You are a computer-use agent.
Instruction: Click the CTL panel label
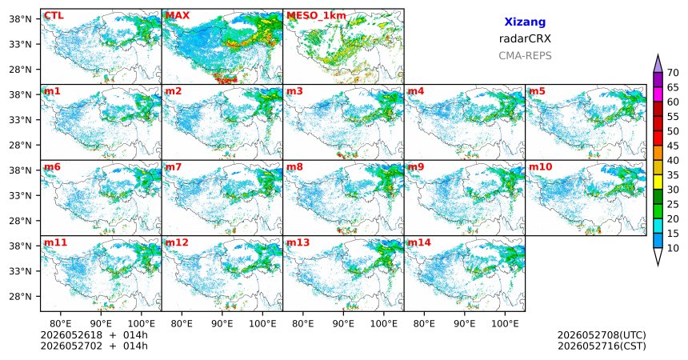pos(54,16)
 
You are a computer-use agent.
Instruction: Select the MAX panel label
pos(178,16)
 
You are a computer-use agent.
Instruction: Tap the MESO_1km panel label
pos(316,16)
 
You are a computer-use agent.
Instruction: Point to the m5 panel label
pos(537,91)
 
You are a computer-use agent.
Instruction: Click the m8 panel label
pos(294,167)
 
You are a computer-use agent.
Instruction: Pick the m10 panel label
pos(540,167)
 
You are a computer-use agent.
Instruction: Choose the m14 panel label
pos(419,242)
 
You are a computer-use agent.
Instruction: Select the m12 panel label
pos(176,242)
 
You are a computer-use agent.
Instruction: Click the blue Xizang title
pos(525,22)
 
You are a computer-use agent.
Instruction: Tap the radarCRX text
pos(525,38)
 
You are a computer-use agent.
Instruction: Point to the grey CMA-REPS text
pos(525,56)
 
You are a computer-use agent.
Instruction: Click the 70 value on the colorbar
pos(673,73)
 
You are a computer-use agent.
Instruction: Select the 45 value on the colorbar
pos(673,146)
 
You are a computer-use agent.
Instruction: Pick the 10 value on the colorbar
pos(673,248)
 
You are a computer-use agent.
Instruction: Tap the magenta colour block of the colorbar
pos(658,94)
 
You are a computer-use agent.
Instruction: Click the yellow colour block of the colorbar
pos(658,182)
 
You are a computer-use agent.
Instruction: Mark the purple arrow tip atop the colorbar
pos(658,54)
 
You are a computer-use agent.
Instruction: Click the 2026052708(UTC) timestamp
pos(602,335)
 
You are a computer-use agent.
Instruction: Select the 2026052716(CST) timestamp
pos(602,346)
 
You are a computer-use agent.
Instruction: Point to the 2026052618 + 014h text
pos(94,335)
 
